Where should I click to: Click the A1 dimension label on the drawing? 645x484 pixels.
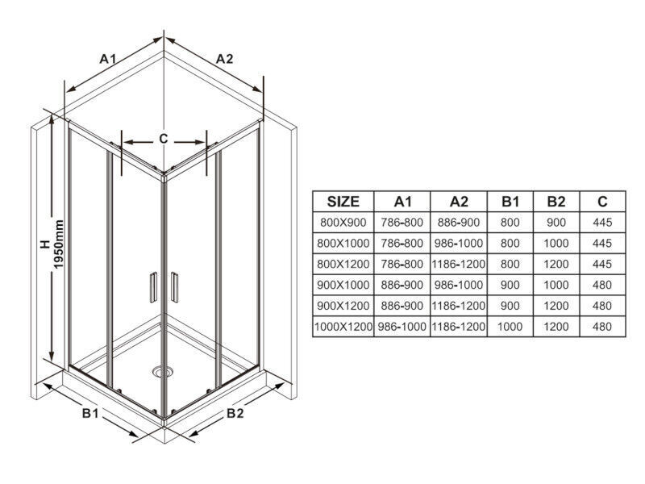[108, 59]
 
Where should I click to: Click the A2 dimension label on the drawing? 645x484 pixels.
[225, 59]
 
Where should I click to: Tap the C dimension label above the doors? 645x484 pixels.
[164, 139]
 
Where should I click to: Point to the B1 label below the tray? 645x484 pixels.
[90, 413]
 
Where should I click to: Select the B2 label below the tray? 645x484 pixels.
[235, 413]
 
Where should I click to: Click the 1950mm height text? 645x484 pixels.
[59, 244]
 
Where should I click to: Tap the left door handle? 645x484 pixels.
[153, 287]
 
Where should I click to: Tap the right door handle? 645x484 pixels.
[174, 287]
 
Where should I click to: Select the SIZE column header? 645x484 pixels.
[343, 202]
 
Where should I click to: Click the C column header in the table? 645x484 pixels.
[602, 202]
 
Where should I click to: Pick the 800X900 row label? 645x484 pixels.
[343, 223]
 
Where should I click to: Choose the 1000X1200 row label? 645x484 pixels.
[343, 327]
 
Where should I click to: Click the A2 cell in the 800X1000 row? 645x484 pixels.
[459, 244]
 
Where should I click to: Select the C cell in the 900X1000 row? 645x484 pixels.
[602, 285]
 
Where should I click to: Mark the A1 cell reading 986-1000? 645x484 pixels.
[402, 327]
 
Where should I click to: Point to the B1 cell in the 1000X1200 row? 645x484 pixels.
[510, 327]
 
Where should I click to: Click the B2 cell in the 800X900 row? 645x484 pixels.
[556, 223]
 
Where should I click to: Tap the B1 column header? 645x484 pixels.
[510, 202]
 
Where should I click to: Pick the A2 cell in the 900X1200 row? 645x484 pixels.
[459, 306]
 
